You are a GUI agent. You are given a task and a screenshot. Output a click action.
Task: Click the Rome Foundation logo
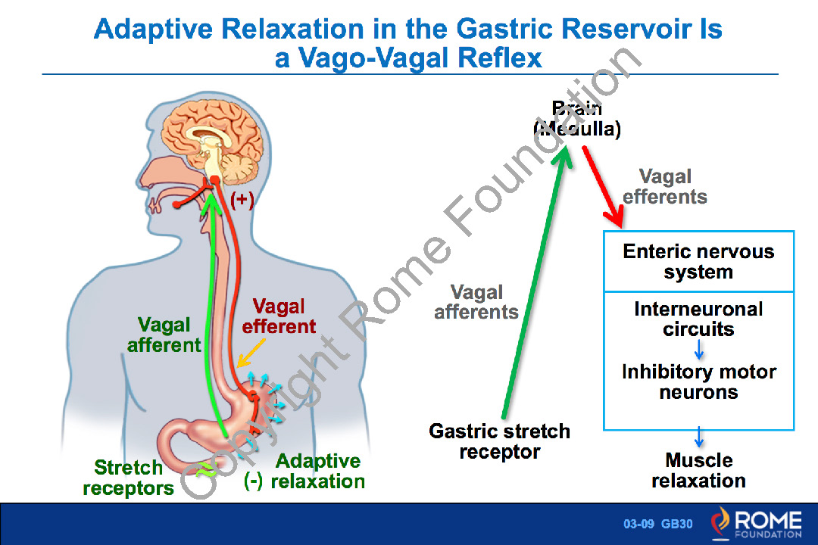point(755,524)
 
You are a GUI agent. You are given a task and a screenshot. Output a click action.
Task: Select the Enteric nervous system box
point(698,262)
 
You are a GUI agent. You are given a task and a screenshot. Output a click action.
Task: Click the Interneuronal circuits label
point(698,319)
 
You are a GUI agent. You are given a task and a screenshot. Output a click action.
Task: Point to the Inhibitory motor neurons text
point(698,382)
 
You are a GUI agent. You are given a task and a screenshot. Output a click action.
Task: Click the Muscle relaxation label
point(698,470)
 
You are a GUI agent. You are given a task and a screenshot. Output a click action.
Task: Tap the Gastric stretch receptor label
point(499,441)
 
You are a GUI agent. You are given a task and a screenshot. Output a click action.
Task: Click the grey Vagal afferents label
point(476,302)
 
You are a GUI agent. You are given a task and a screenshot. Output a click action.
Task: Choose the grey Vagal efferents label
point(665,187)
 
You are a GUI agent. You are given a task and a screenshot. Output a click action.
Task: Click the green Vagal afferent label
point(164,335)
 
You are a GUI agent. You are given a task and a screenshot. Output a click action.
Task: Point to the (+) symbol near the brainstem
point(242,200)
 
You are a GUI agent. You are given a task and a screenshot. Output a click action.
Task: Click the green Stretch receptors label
point(128,478)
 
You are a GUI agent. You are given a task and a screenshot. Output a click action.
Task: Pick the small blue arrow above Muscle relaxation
point(699,438)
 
